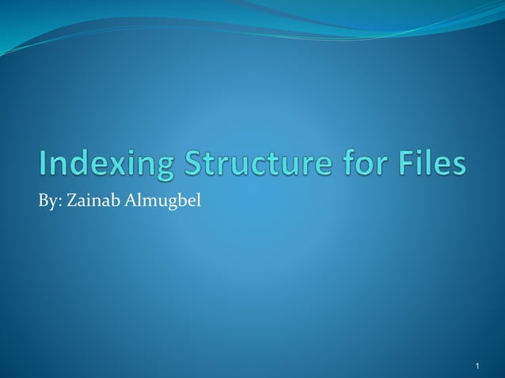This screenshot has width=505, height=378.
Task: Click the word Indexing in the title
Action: [100, 165]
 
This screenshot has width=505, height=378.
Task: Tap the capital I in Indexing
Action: [43, 165]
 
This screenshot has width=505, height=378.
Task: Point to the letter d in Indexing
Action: [77, 165]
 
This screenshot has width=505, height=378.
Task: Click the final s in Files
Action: [458, 167]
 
